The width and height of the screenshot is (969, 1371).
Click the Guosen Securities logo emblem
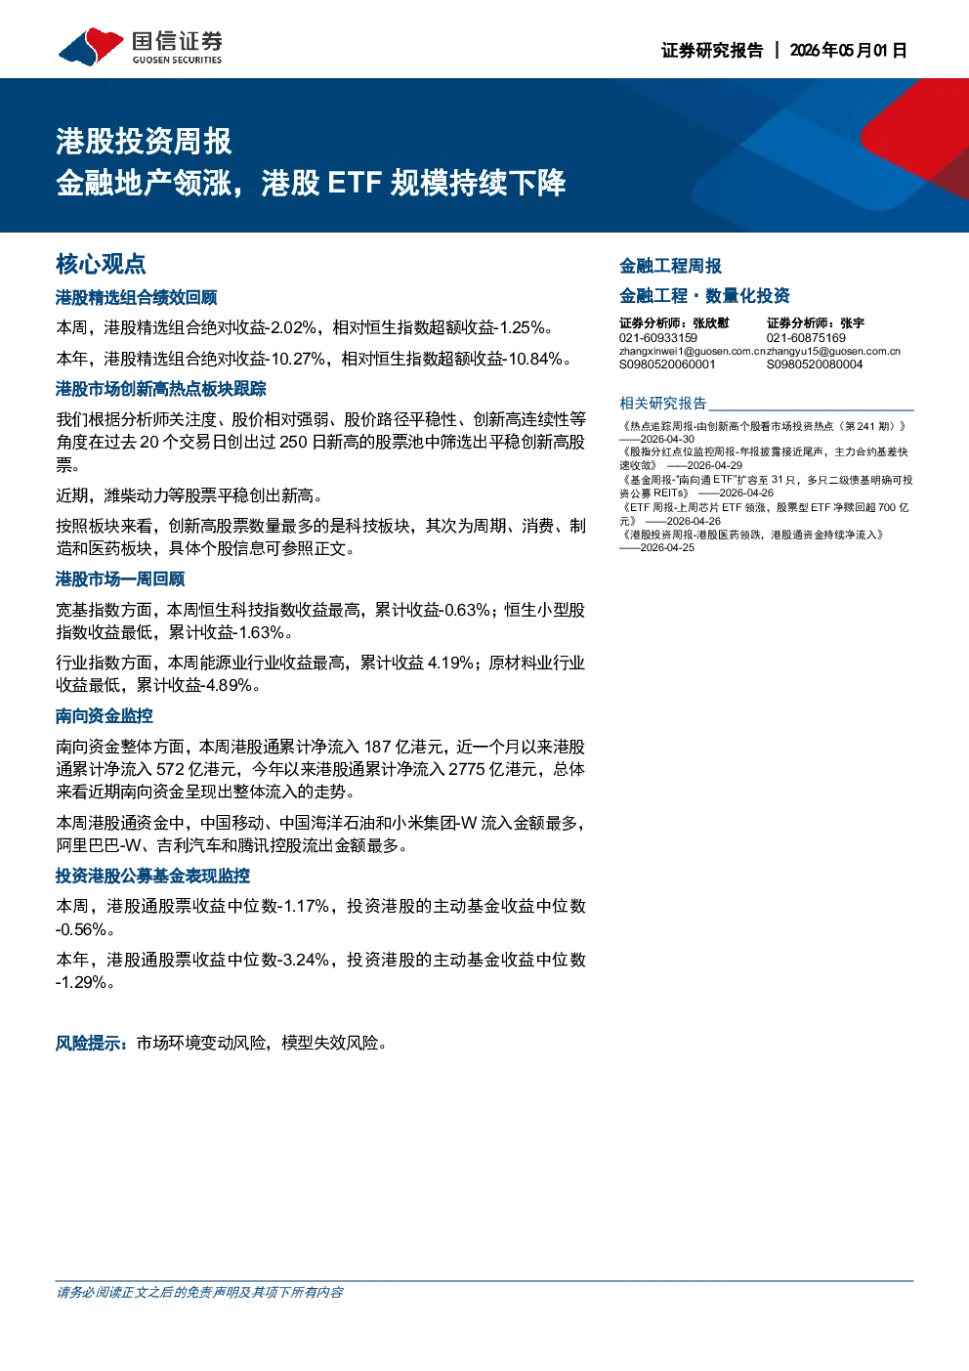tap(91, 46)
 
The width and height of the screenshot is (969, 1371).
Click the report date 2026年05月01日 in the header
tap(848, 50)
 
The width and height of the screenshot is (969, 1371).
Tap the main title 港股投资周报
tap(144, 142)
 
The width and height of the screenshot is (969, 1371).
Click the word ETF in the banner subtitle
tap(355, 183)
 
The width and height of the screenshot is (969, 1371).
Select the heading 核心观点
tap(101, 264)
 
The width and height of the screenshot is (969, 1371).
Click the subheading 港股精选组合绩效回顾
tap(137, 297)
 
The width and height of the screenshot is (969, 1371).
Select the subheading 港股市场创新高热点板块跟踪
tap(161, 389)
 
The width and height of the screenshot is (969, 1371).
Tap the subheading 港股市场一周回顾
tap(120, 578)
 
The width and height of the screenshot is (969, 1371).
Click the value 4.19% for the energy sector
tap(450, 663)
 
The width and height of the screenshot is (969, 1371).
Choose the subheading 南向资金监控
tap(104, 715)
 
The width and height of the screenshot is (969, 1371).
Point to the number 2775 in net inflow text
tap(467, 769)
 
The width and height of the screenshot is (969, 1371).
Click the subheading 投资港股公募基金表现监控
tap(153, 876)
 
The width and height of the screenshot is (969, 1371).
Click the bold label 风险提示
tap(88, 1043)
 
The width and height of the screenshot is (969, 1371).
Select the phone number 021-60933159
tap(658, 338)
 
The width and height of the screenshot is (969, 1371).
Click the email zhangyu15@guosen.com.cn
tap(834, 352)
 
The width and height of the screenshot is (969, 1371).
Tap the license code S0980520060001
tap(667, 364)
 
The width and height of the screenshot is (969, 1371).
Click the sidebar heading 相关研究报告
tap(663, 403)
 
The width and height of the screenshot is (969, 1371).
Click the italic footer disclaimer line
tap(199, 1292)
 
